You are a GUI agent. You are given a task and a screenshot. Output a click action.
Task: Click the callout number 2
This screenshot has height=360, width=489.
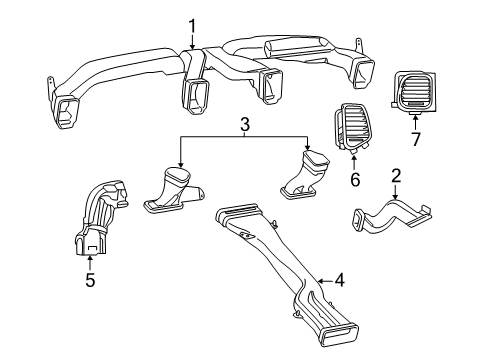click(x=396, y=177)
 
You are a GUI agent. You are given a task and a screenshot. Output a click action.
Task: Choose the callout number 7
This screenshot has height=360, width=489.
click(x=415, y=137)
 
